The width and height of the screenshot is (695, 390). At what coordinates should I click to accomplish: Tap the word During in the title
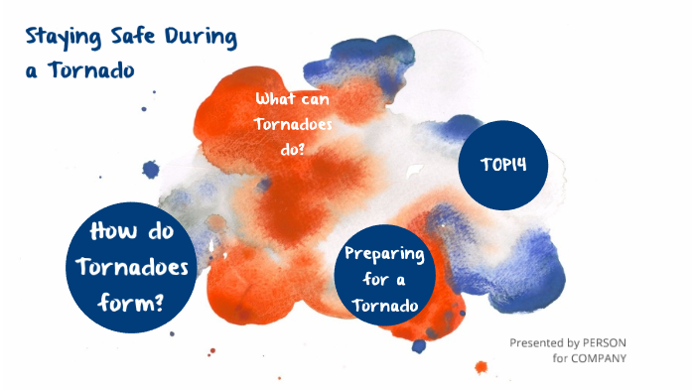[x=201, y=39]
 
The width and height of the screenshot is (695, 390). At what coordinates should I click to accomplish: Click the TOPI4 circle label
[x=503, y=165]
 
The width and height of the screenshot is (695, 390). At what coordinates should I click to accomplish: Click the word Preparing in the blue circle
[x=385, y=254]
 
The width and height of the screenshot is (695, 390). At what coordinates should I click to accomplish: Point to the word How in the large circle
[x=110, y=233]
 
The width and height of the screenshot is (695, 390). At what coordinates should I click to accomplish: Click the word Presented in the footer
[x=539, y=342]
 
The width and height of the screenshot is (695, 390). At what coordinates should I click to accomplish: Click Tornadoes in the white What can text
[x=294, y=124]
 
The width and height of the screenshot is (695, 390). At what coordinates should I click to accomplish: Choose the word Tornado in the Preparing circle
[x=385, y=306]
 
